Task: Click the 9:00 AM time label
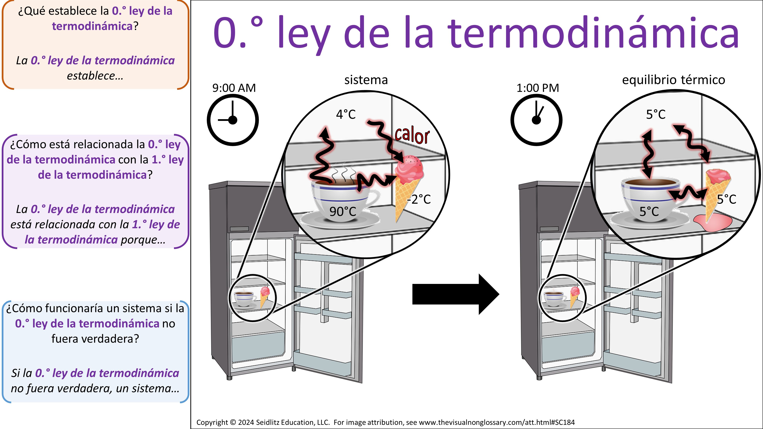tap(234, 88)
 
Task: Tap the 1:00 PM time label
tap(538, 88)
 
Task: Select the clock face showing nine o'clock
tap(233, 120)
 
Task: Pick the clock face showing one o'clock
tap(536, 120)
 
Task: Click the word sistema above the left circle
tap(366, 80)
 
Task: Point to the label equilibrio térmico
tap(673, 80)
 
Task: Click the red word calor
tap(412, 136)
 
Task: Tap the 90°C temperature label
tap(343, 211)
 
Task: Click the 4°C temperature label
tap(346, 114)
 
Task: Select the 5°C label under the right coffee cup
tap(649, 211)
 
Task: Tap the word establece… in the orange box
tap(95, 76)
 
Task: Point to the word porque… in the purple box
tap(143, 239)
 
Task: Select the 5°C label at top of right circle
tap(656, 114)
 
